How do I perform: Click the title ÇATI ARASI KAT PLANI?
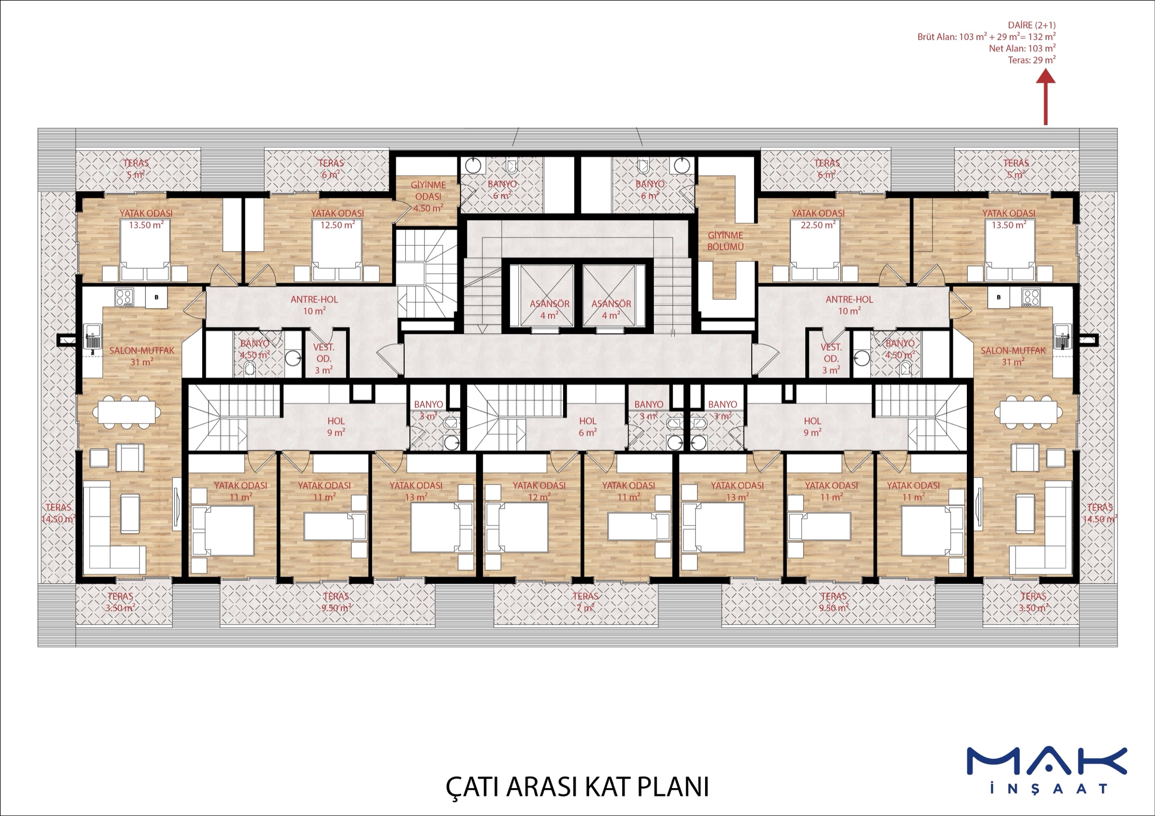(x=577, y=787)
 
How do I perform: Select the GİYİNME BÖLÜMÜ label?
(x=725, y=241)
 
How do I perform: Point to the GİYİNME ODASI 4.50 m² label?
(x=428, y=197)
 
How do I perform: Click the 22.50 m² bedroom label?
(x=818, y=219)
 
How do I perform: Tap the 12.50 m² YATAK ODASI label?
(x=337, y=219)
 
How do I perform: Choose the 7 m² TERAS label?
(x=586, y=602)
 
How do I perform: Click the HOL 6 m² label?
(x=587, y=427)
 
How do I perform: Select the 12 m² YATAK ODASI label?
(x=539, y=491)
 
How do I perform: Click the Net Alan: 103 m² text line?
(x=1022, y=48)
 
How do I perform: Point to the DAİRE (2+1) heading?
(x=1031, y=25)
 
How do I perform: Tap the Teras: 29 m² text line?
(x=1032, y=60)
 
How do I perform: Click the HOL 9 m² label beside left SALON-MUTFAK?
(x=336, y=427)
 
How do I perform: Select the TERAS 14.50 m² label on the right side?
(x=1100, y=514)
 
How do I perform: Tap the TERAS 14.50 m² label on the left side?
(x=58, y=514)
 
